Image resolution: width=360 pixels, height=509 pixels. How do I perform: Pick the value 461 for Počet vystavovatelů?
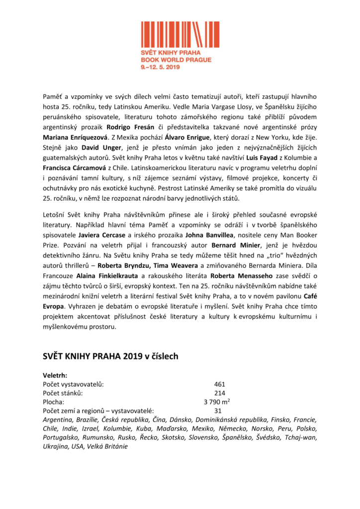tap(220, 384)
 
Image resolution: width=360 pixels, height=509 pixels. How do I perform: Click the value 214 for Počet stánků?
tap(220, 393)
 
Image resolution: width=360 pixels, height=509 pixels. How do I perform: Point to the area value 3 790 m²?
tap(217, 402)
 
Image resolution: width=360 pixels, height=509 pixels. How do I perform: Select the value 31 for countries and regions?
tap(218, 411)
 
